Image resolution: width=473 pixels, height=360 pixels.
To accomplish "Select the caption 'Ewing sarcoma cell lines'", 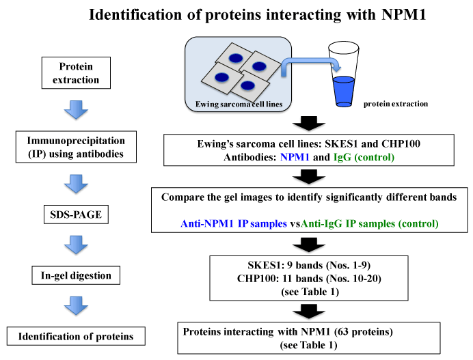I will pyautogui.click(x=236, y=104).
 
